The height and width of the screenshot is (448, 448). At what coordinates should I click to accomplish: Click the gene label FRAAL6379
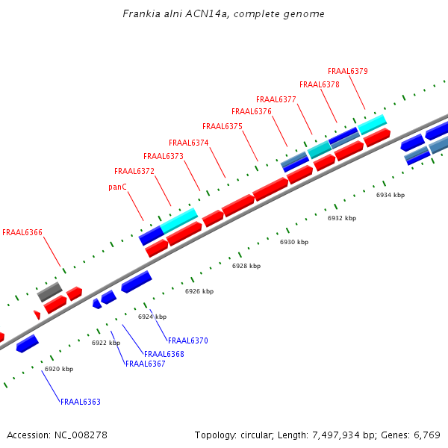(x=347, y=72)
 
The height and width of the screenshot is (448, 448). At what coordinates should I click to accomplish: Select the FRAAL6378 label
(x=319, y=85)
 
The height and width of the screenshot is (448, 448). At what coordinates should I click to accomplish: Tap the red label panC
(x=118, y=187)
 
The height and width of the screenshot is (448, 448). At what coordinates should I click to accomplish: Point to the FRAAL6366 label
(x=22, y=233)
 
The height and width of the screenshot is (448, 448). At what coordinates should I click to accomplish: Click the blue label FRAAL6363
(x=80, y=402)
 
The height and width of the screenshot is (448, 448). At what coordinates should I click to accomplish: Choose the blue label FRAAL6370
(x=187, y=341)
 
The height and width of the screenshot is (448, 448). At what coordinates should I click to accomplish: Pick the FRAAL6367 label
(x=145, y=364)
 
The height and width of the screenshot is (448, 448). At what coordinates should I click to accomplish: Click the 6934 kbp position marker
(x=390, y=195)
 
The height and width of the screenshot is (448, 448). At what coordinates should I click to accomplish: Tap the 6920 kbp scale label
(x=59, y=370)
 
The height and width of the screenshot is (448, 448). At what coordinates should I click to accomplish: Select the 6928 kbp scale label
(x=246, y=267)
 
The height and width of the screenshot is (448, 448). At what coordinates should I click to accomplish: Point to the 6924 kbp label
(x=152, y=317)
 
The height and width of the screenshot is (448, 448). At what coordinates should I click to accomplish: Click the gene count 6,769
(x=426, y=435)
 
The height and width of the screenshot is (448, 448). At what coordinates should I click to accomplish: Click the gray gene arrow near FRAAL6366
(x=49, y=291)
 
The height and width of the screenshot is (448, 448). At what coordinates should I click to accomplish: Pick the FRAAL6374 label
(x=188, y=143)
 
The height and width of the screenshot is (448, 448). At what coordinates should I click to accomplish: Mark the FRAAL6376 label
(x=251, y=112)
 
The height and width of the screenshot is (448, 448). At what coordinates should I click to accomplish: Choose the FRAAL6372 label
(x=134, y=172)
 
